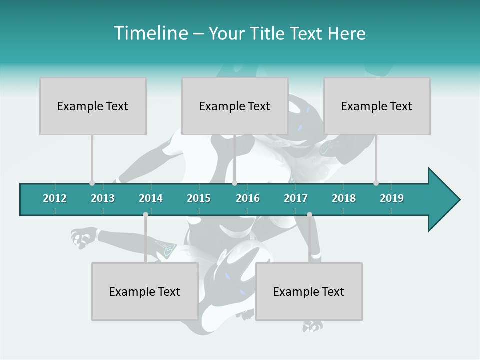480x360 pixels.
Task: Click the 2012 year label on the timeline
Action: pos(55,198)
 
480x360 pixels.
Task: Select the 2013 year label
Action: pos(103,198)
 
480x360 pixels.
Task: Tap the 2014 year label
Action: pos(151,198)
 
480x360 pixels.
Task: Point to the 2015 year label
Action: pos(199,198)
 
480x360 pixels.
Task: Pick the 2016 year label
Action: pos(248,198)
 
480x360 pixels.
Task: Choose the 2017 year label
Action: pos(296,198)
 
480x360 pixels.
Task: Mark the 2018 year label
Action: pos(344,198)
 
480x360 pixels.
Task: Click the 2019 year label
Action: pos(392,198)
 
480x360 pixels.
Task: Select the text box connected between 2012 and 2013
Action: pos(93,106)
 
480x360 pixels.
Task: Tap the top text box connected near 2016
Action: pos(235,106)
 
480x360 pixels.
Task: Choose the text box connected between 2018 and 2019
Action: pos(377,106)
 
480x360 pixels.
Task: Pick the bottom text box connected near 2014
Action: pos(145,291)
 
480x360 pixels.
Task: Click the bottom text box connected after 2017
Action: pos(309,291)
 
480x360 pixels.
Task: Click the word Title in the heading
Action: pos(269,33)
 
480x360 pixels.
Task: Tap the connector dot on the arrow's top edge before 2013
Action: pos(92,183)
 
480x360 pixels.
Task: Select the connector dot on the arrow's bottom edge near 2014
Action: pos(145,215)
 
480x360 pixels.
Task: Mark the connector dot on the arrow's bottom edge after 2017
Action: pos(309,215)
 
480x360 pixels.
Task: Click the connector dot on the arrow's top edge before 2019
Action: pos(376,183)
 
